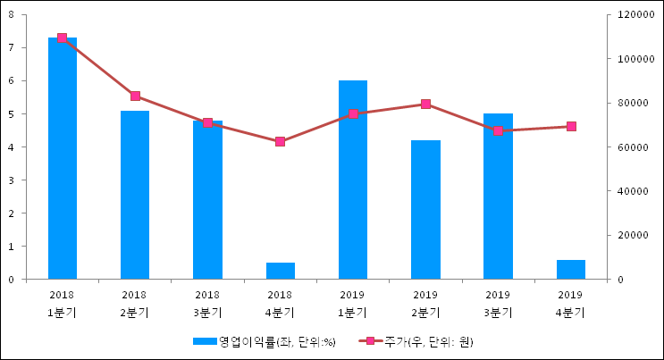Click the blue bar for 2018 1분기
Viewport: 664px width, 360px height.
coord(62,161)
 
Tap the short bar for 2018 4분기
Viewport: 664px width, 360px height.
coord(281,271)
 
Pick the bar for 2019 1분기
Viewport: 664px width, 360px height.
coord(353,179)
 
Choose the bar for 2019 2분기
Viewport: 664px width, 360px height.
coord(425,210)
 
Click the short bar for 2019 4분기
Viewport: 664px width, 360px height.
coord(571,269)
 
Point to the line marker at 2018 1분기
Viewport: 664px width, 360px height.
coord(62,38)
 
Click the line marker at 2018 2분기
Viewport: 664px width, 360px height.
coord(135,96)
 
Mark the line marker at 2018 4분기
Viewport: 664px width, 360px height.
coord(281,141)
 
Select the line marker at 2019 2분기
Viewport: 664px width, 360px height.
coord(425,104)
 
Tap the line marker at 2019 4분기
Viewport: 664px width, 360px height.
coord(571,126)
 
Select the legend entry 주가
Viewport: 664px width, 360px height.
coord(420,342)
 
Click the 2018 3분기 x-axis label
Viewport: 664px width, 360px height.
coord(207,303)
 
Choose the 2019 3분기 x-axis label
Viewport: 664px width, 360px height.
coord(498,303)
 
